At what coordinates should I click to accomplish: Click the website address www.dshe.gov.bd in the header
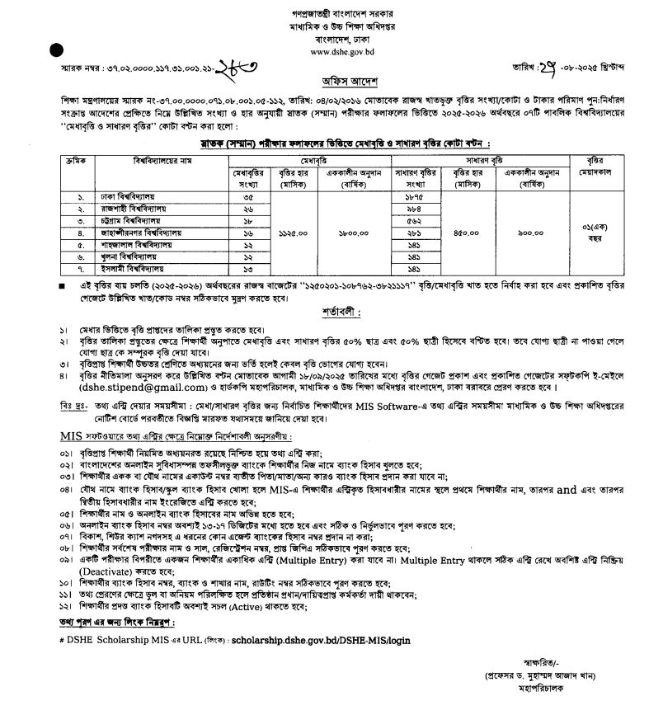pyautogui.click(x=331, y=50)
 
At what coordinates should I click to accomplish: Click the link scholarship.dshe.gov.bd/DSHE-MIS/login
pyautogui.click(x=319, y=639)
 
